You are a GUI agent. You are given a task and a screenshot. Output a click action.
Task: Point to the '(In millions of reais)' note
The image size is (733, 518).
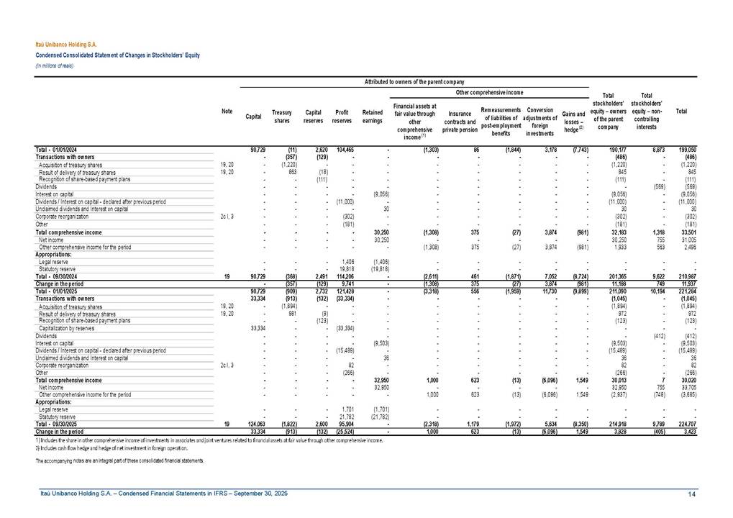pyautogui.click(x=55, y=65)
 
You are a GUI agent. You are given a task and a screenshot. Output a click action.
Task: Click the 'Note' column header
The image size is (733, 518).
pyautogui.click(x=227, y=111)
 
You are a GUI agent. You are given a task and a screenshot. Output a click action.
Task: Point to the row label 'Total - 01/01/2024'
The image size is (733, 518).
pyautogui.click(x=57, y=149)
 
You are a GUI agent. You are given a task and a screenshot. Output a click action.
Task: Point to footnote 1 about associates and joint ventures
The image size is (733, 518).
pyautogui.click(x=208, y=437)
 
